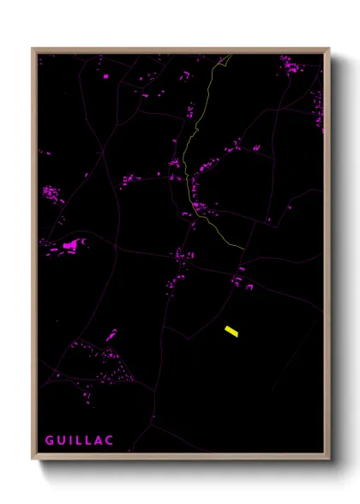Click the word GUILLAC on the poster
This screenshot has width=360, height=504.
pos(79,441)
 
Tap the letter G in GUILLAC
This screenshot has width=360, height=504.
pos(49,441)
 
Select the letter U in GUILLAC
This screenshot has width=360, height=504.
pos(61,441)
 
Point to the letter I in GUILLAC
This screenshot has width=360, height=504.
pos(70,441)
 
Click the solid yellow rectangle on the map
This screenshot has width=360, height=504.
pos(231,331)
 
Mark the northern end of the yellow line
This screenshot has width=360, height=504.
pos(230,57)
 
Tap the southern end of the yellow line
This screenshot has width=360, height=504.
pos(243,249)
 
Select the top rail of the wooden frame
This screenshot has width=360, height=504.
pos(181,51)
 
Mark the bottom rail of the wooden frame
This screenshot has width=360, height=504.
pos(181,457)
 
